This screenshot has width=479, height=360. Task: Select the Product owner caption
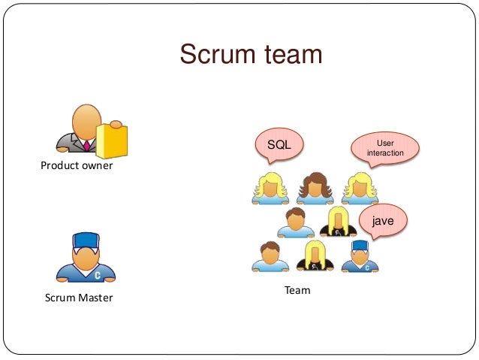pos(77,165)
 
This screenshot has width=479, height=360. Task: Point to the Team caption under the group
pos(297,290)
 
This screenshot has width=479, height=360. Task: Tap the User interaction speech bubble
pos(385,147)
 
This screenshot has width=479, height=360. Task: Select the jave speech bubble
pos(383,221)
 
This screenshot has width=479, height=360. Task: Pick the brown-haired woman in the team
pos(314,188)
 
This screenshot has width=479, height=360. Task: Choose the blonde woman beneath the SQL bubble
pos(270,188)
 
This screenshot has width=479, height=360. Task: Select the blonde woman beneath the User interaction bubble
pos(360,188)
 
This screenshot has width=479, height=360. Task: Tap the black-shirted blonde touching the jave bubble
pos(338,221)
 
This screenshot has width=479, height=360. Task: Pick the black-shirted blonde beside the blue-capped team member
pos(315,256)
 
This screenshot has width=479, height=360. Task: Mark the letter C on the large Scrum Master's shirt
pos(97,275)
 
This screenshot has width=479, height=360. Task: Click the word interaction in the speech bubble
pos(385,153)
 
